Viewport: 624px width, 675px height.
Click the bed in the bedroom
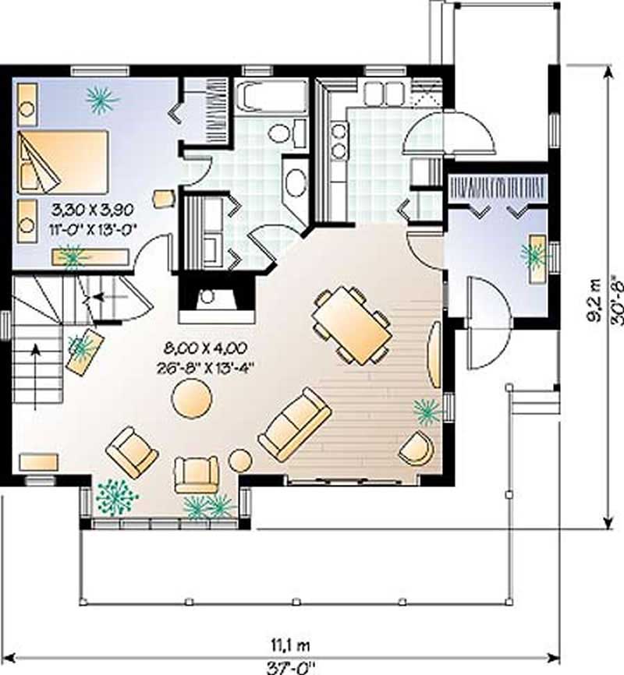[62, 162]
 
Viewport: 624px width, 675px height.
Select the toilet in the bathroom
[280, 131]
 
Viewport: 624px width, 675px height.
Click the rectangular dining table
[351, 325]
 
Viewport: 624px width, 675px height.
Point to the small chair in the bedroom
[163, 198]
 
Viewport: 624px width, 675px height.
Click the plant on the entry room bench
[536, 254]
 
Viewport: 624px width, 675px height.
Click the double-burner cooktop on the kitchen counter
[339, 140]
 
